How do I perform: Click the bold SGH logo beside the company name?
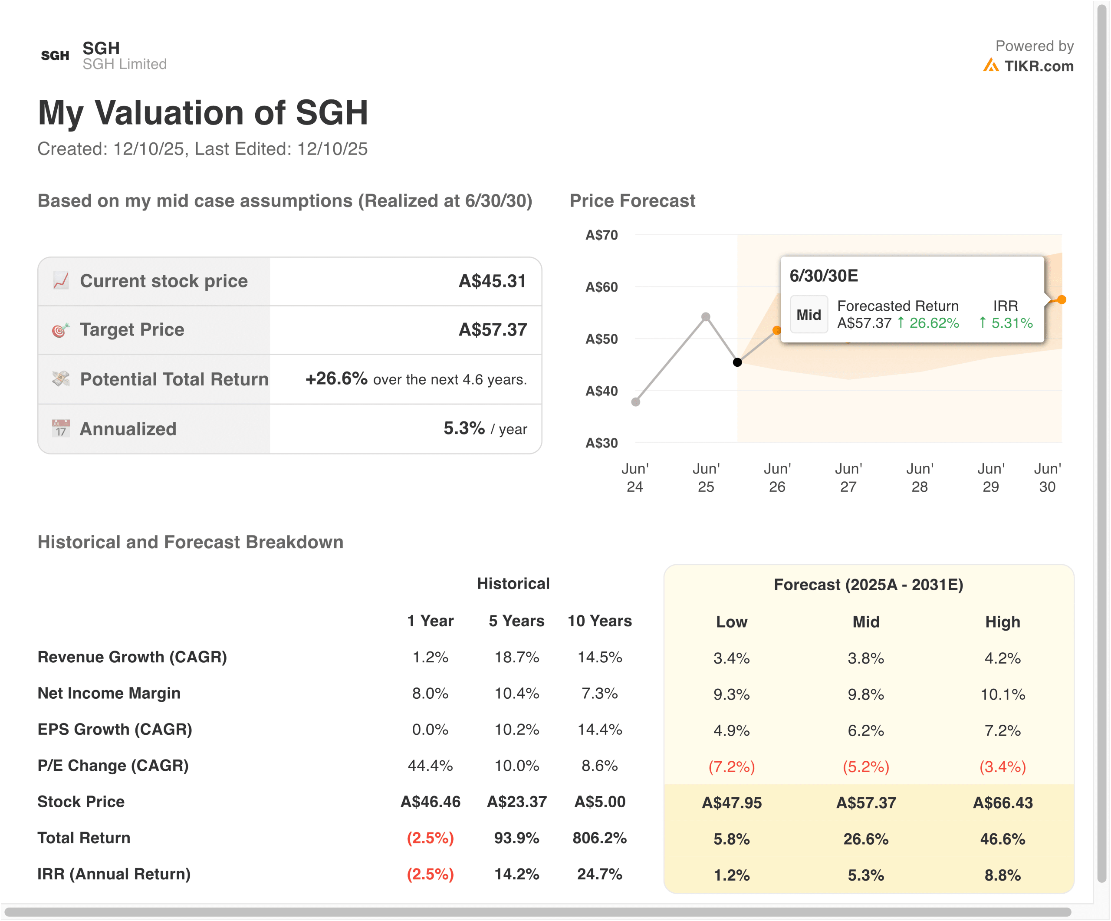pos(55,56)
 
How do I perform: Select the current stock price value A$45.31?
pos(492,281)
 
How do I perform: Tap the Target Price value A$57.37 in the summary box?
pos(493,329)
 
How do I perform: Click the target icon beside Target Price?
pos(60,330)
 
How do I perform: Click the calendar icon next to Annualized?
pos(60,428)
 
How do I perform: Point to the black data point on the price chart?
pos(737,362)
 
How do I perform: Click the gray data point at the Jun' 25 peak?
pos(706,317)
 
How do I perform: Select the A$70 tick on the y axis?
pos(602,235)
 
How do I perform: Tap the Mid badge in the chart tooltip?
pos(809,315)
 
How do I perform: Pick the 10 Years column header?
pos(599,621)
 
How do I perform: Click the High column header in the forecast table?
pos(1002,622)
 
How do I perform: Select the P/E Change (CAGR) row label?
pos(113,766)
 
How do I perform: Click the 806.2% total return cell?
pos(599,838)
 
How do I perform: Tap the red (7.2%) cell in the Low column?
pos(731,766)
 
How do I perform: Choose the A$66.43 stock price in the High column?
pos(1002,803)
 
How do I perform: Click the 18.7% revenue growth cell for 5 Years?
pos(516,657)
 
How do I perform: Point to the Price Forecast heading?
pos(632,201)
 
